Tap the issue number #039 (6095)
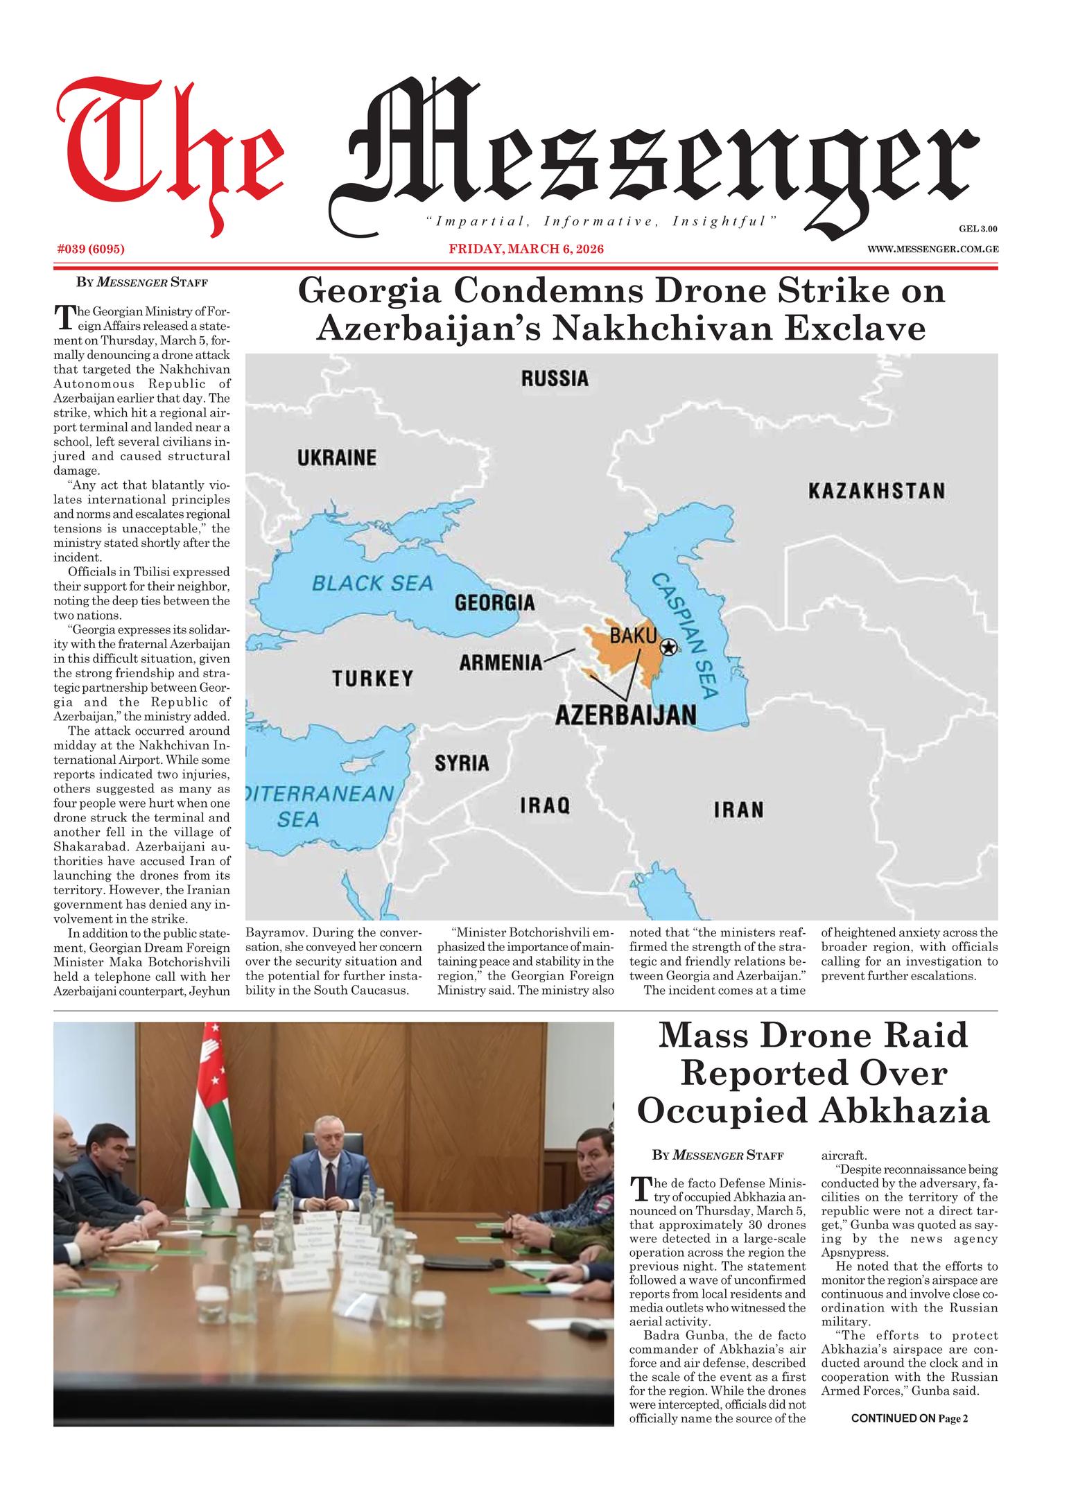(90, 249)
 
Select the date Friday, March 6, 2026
(526, 249)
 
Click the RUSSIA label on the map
(555, 378)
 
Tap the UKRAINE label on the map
(337, 458)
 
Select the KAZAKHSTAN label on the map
(876, 491)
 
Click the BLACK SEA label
(372, 583)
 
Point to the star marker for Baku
(668, 647)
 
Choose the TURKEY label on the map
(372, 678)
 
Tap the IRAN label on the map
(739, 810)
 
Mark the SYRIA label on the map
(462, 763)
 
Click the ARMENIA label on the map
(501, 663)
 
